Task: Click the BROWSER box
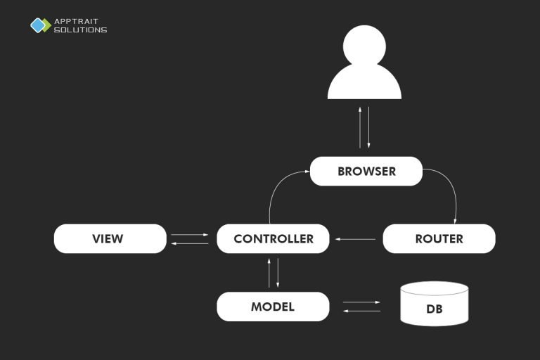click(x=366, y=172)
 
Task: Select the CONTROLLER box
click(x=273, y=239)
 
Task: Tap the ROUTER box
click(x=439, y=239)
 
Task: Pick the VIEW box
click(x=110, y=239)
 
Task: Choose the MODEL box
click(x=273, y=307)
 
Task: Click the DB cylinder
click(x=434, y=305)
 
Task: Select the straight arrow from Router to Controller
click(x=356, y=239)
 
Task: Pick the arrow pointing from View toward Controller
click(x=190, y=235)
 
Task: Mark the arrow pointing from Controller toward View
click(x=190, y=243)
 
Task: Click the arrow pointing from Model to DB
click(x=361, y=302)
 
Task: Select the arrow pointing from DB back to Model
click(x=361, y=310)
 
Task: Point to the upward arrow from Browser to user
click(x=360, y=127)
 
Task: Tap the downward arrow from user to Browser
click(x=368, y=127)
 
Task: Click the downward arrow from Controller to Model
click(x=278, y=273)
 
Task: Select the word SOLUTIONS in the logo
click(x=80, y=30)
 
